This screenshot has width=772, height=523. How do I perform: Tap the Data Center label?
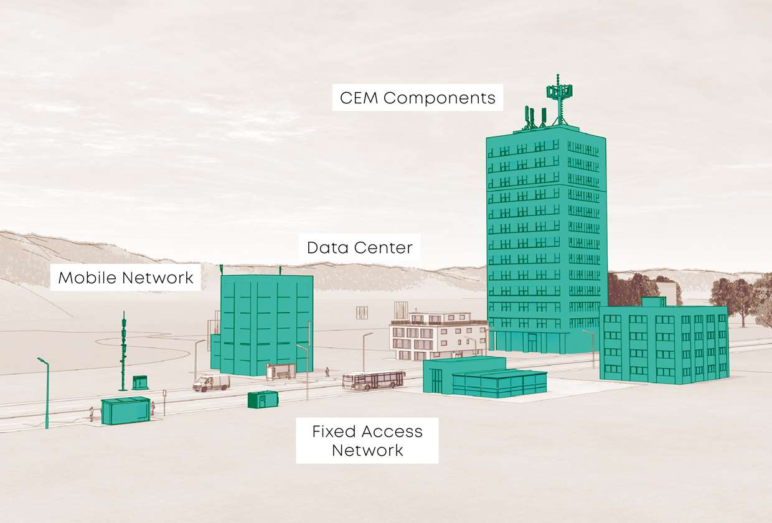click(x=359, y=248)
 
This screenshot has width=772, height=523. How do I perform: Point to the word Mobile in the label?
click(x=87, y=278)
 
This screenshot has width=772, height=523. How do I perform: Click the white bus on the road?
click(x=374, y=380)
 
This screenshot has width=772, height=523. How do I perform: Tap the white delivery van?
click(x=211, y=383)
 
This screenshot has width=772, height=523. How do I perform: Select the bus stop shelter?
click(x=280, y=372)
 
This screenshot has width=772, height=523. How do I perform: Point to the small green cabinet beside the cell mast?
click(x=140, y=382)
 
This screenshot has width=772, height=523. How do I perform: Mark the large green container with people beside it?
click(x=126, y=410)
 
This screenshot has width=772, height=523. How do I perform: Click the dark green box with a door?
click(x=262, y=399)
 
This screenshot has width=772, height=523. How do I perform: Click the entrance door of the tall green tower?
click(x=532, y=342)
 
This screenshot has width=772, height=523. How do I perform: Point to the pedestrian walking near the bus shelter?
click(x=327, y=372)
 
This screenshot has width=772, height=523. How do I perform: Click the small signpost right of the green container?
click(x=164, y=402)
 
